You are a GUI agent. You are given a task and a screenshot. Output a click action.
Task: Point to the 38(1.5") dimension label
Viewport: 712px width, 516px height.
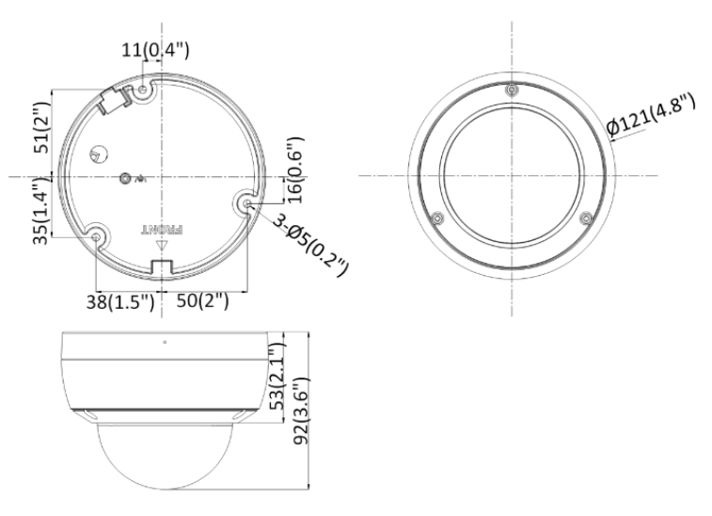pyautogui.click(x=124, y=302)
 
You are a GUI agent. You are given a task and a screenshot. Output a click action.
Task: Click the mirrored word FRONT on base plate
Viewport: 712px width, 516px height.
pyautogui.click(x=160, y=229)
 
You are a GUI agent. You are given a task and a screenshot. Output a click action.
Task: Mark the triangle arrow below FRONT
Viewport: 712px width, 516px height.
pyautogui.click(x=161, y=247)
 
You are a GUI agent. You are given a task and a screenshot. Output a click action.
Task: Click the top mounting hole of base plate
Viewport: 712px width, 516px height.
pyautogui.click(x=143, y=89)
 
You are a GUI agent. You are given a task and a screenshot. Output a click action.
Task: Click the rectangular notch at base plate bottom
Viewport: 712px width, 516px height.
pyautogui.click(x=161, y=267)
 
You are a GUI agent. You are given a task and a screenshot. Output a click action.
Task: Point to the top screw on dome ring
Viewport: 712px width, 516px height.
pyautogui.click(x=511, y=90)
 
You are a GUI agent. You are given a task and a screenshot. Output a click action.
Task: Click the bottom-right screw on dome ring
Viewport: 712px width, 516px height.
pyautogui.click(x=585, y=218)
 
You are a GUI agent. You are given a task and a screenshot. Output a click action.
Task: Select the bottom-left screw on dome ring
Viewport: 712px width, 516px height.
pyautogui.click(x=436, y=218)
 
